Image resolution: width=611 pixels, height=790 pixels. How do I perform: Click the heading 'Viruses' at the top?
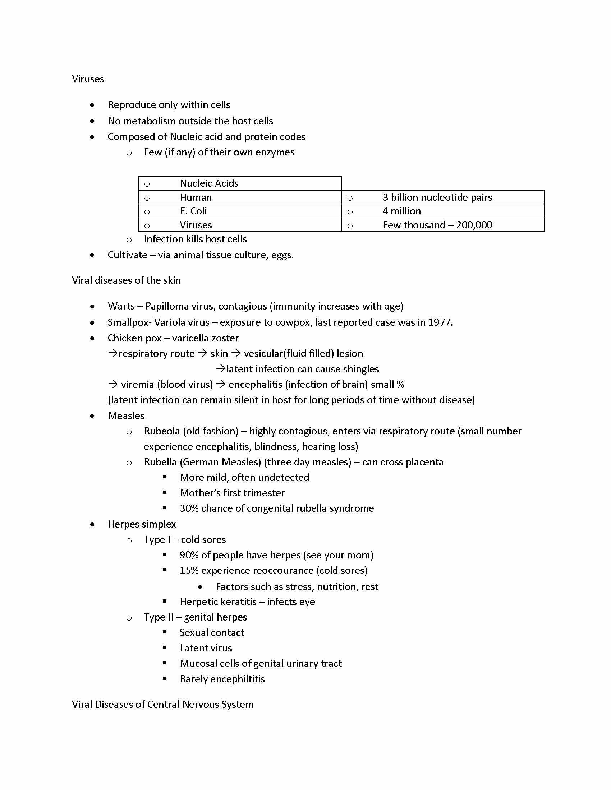click(88, 79)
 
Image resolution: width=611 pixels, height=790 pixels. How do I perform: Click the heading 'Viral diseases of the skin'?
click(126, 280)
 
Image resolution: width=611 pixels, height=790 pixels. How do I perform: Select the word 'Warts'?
click(121, 306)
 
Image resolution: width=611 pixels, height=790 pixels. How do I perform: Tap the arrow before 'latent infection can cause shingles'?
click(220, 368)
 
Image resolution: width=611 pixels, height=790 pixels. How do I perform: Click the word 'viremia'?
click(137, 385)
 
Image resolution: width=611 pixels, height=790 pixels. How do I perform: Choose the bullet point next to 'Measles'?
click(93, 416)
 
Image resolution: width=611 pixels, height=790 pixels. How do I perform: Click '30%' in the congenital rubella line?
click(189, 508)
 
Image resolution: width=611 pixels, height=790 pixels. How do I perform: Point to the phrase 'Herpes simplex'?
click(142, 524)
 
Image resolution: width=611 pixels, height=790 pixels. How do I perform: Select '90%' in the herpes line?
click(189, 555)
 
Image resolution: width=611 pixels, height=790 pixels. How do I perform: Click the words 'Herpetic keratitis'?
click(218, 602)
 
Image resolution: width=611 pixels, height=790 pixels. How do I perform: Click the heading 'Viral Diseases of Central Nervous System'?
click(162, 705)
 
